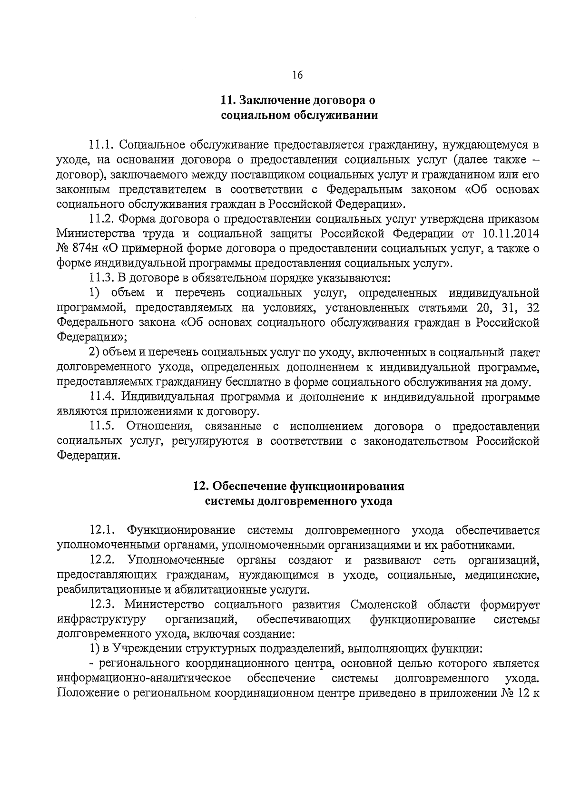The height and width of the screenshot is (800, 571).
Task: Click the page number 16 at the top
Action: pos(297,75)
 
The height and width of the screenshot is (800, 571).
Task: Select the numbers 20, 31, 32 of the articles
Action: pos(507,308)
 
